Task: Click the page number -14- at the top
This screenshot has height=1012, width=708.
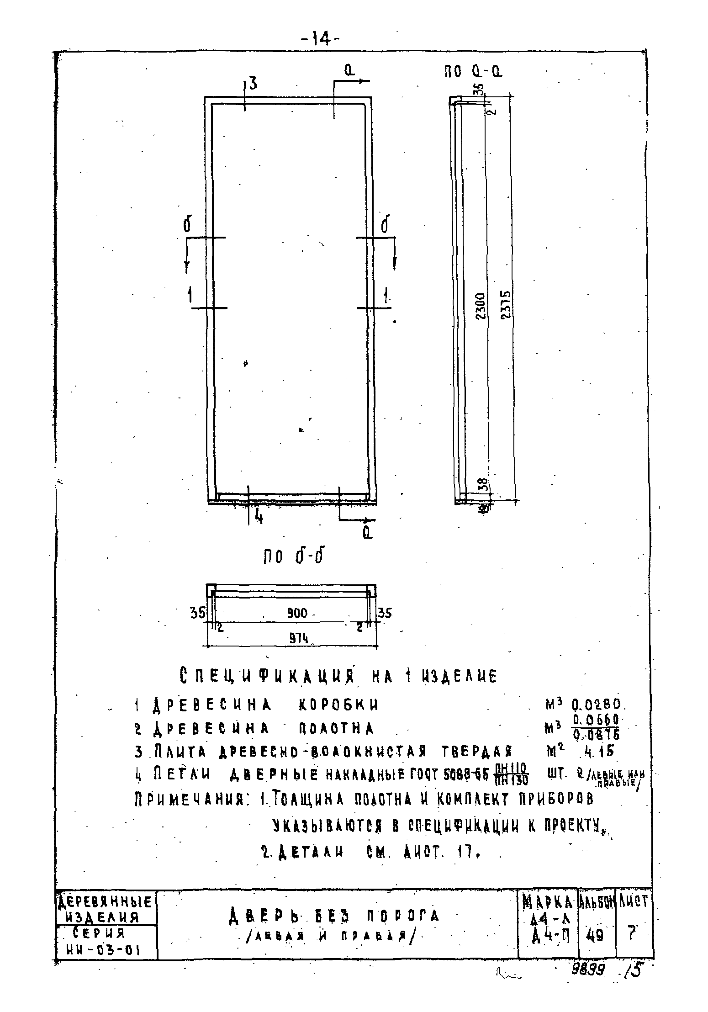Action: (x=320, y=40)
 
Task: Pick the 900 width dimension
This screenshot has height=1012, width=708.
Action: (x=297, y=614)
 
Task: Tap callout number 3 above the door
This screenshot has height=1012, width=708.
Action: (x=253, y=84)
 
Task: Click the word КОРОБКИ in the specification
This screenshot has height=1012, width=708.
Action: (x=338, y=705)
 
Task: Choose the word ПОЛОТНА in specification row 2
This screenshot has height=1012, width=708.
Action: (x=336, y=728)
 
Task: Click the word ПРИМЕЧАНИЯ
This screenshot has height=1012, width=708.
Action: (x=192, y=799)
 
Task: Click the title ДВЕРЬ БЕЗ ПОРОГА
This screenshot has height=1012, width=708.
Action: (x=333, y=916)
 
